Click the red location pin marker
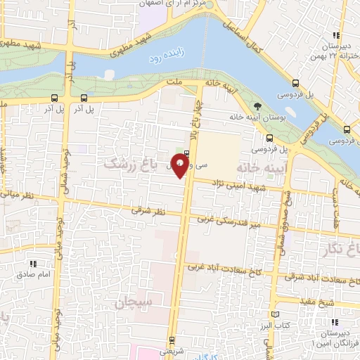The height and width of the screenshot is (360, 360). click(x=181, y=167)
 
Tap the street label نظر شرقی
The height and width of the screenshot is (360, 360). click(x=147, y=211)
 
